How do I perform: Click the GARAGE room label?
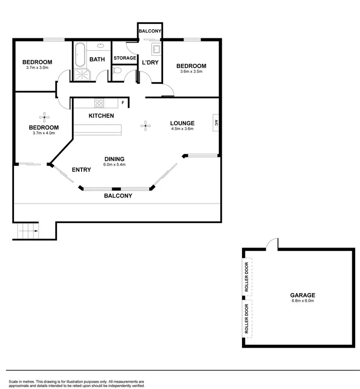(302, 295)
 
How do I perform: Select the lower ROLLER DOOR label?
(247, 318)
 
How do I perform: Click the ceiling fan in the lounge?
(145, 126)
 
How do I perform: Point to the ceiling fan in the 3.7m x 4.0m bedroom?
(44, 116)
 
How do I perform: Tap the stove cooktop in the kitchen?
(99, 103)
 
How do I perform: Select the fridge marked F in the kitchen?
(123, 102)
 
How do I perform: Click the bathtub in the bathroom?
(80, 55)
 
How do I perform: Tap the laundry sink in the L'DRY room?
(156, 48)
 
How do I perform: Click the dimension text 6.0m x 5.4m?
(114, 165)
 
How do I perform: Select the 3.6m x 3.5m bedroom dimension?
(191, 71)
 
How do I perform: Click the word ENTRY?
(82, 170)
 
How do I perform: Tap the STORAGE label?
(125, 58)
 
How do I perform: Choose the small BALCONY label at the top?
(150, 31)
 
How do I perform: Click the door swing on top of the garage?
(272, 243)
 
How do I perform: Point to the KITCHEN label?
(101, 116)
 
